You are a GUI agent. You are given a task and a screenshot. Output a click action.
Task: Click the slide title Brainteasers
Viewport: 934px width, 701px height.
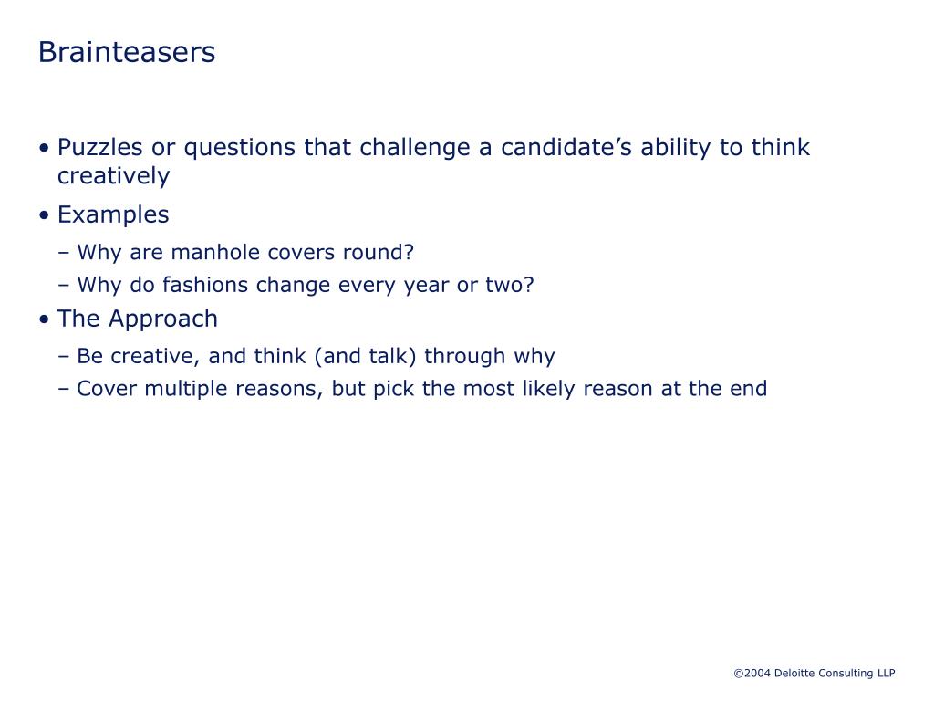[127, 53]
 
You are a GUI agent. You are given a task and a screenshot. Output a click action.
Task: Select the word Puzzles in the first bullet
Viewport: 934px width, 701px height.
[96, 148]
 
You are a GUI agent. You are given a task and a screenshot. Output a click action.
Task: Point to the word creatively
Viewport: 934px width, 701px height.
[113, 176]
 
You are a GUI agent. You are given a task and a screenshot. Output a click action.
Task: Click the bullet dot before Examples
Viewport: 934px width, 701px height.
[45, 216]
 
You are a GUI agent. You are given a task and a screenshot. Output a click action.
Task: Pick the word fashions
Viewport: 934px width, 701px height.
[206, 285]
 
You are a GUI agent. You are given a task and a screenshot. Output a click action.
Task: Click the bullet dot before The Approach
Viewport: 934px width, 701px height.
[45, 320]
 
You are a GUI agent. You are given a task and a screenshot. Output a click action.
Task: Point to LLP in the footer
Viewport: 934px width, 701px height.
[886, 674]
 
